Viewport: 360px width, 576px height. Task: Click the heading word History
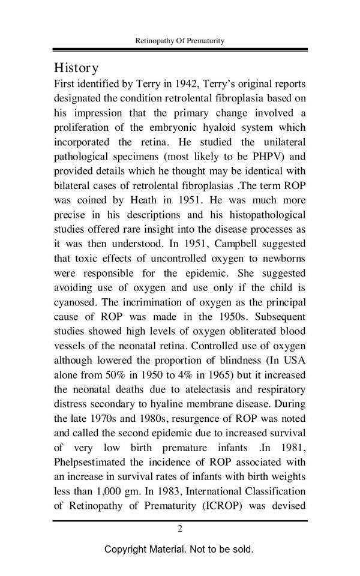76,67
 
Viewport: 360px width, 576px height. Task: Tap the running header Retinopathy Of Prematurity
180,41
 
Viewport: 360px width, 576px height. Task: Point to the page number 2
179,529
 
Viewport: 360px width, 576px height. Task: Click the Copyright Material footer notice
179,549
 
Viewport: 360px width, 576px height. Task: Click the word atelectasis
181,389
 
